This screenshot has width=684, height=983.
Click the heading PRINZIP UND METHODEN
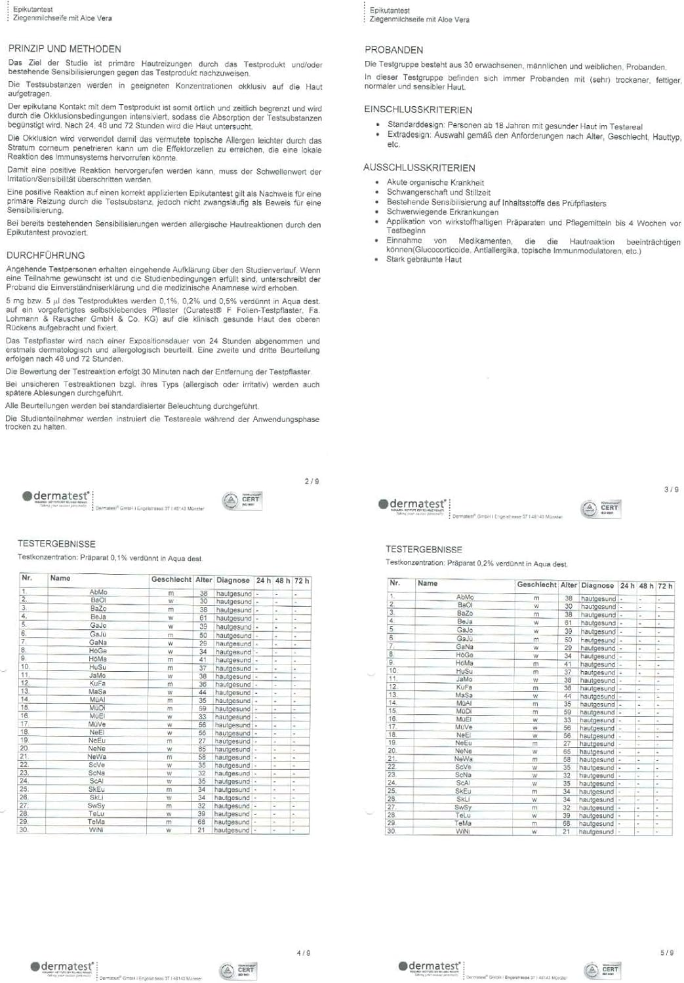(64, 49)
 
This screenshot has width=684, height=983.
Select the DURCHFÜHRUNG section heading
(46, 256)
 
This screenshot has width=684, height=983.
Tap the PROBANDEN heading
(393, 50)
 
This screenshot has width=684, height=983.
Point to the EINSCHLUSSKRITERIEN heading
(418, 110)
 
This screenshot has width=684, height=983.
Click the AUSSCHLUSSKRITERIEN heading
(419, 168)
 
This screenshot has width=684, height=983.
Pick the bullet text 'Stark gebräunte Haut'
(424, 260)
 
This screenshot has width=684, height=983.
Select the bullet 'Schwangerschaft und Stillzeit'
(438, 193)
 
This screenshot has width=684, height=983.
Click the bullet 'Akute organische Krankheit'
(435, 183)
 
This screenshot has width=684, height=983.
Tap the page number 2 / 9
(312, 482)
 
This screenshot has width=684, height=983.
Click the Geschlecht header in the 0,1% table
(171, 580)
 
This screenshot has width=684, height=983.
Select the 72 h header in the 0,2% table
(664, 586)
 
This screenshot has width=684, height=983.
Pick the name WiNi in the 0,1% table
(96, 830)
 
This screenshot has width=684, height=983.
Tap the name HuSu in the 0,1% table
(98, 668)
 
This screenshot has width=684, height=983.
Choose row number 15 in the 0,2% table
(392, 711)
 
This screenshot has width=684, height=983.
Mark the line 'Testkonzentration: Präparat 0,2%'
(476, 564)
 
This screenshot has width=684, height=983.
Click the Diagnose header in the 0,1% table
(233, 580)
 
